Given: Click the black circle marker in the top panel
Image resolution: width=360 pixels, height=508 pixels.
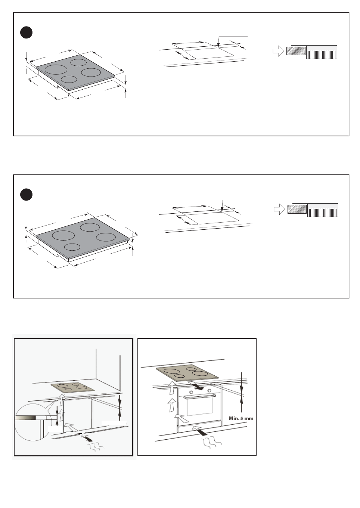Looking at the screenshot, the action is coord(26,33).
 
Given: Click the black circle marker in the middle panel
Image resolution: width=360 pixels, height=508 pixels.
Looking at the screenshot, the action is coord(26,195).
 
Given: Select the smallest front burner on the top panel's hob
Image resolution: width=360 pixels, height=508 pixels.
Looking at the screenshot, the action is coord(68,79).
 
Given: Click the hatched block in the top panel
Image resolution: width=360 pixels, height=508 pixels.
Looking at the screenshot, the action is coord(296,51).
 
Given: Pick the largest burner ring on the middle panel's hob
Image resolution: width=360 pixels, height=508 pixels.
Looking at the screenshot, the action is coord(63,235).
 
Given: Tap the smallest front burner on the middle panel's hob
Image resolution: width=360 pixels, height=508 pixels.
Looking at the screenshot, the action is coord(72,247).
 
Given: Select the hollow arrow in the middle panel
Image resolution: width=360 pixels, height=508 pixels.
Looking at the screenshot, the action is coord(279,210).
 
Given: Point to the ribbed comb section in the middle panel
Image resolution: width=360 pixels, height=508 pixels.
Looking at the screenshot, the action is coord(322,212).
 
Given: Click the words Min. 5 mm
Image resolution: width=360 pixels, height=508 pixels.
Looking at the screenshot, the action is coord(241,418).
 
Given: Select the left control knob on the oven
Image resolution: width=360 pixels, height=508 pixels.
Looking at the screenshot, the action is coord(191,391).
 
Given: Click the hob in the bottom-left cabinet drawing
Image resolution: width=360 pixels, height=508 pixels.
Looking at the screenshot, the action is coord(73,387).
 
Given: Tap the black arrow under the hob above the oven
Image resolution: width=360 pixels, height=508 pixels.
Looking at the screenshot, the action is coord(196,385).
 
